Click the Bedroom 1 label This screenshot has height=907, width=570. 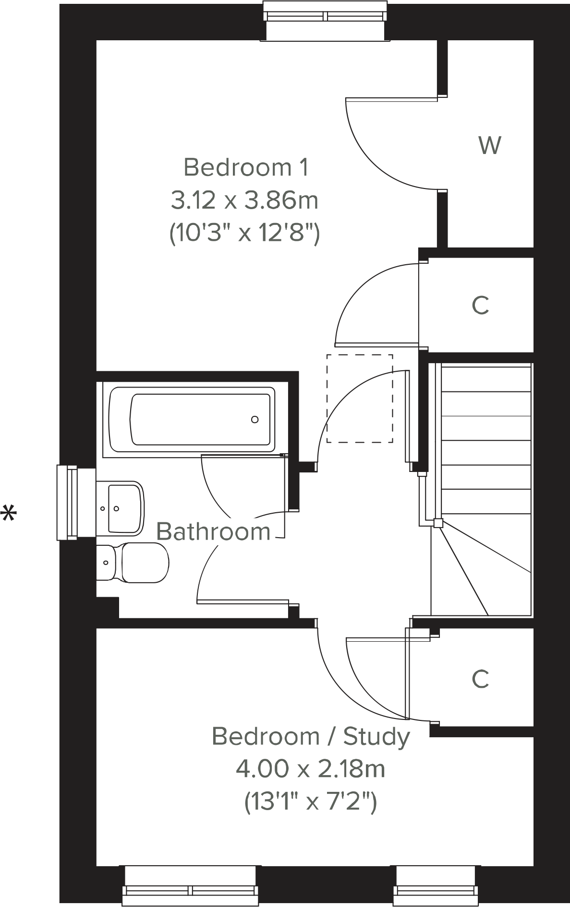245,167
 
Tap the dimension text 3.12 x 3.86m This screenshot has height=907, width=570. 244,200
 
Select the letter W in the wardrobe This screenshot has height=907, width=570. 490,145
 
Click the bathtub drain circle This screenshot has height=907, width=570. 255,419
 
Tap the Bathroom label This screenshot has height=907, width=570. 213,531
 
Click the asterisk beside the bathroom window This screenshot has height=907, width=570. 9,515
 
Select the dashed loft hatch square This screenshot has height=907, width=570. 360,399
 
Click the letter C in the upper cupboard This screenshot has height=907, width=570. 480,305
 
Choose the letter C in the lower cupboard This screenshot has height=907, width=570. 480,678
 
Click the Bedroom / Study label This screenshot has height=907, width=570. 311,736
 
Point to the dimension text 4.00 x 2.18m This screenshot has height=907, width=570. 310,769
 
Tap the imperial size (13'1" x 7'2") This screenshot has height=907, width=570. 310,801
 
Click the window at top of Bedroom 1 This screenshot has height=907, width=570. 326,19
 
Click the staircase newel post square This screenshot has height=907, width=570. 437,523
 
